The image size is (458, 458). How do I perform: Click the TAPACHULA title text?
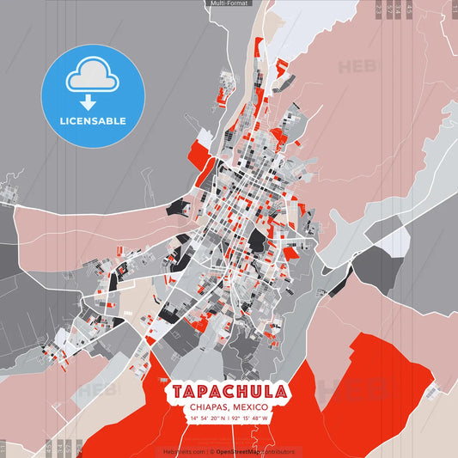click(x=229, y=391)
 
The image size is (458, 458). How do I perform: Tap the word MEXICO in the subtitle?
click(x=251, y=406)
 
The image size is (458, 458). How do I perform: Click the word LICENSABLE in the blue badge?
click(x=93, y=120)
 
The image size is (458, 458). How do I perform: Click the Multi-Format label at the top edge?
click(x=229, y=3)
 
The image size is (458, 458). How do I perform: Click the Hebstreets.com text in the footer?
click(x=183, y=450)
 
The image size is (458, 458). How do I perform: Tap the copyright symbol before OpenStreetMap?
click(x=211, y=450)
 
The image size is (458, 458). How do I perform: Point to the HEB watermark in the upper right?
click(x=355, y=66)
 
